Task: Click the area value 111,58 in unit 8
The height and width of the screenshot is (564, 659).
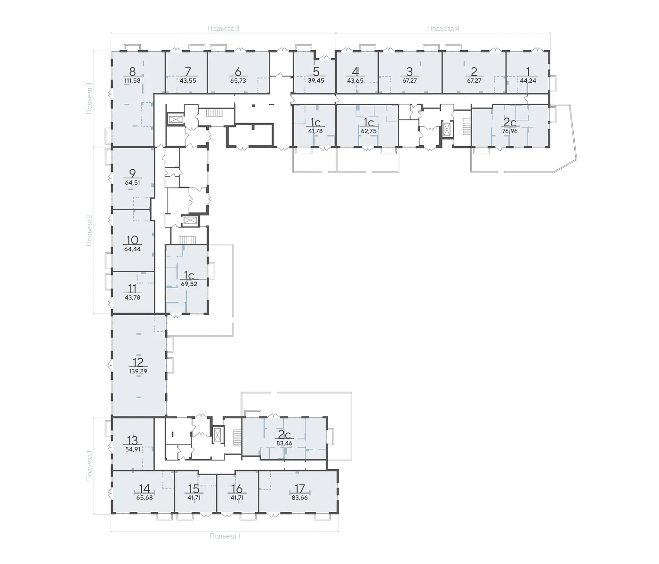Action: tap(132, 80)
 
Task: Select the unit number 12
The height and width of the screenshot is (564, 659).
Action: tap(138, 362)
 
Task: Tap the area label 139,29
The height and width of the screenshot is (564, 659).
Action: tap(138, 371)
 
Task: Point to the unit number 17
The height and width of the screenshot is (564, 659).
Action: tap(300, 488)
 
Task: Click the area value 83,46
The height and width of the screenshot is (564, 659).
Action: tap(285, 443)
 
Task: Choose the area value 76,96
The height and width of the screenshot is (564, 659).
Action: tap(510, 131)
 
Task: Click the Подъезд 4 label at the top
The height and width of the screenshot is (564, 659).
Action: tap(443, 28)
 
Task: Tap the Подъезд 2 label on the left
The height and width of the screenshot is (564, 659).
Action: tap(89, 230)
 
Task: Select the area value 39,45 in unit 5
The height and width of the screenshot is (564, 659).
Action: tap(316, 80)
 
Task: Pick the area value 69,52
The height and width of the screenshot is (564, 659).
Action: tap(189, 284)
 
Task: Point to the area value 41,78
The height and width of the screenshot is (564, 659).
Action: tap(316, 131)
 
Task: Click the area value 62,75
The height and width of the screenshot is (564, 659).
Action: tap(369, 131)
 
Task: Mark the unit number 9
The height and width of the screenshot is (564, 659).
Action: tap(132, 173)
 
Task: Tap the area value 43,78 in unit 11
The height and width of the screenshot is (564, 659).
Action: tap(132, 298)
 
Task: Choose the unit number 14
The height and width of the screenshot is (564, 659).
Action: tap(145, 488)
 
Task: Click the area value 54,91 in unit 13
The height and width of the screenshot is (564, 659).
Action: tap(132, 449)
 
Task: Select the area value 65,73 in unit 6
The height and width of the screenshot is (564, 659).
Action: tap(238, 80)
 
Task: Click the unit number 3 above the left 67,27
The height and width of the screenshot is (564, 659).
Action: tap(410, 71)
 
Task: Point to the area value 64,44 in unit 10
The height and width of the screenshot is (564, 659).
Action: tap(132, 249)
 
